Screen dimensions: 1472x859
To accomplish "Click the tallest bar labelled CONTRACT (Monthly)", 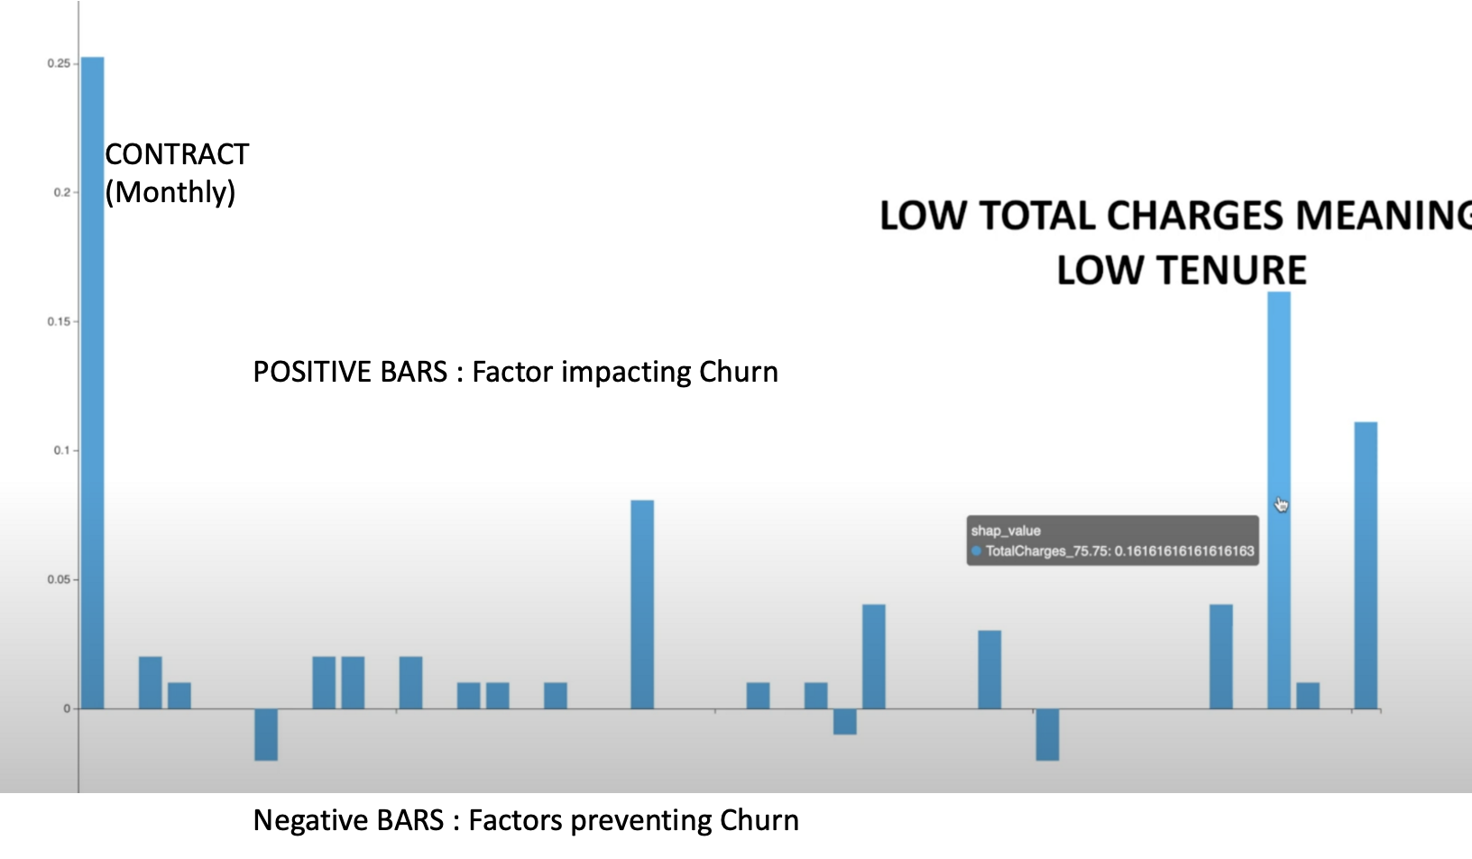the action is (93, 383).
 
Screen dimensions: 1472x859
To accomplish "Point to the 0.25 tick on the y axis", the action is (59, 64).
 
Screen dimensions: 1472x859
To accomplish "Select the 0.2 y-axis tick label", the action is (61, 192).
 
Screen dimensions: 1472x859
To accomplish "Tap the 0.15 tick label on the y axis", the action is (59, 321).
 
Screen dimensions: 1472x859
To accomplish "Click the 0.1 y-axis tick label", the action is (61, 450).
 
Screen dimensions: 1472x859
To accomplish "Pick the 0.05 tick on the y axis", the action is (59, 579).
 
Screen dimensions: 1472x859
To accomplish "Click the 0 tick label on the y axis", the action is (67, 708).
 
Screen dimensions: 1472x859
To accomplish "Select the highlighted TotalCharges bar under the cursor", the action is (1279, 500).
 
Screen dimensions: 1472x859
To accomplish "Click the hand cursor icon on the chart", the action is (1282, 504).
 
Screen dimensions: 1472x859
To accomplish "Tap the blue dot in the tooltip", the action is (977, 550).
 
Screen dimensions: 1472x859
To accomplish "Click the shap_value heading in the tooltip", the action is (1006, 531).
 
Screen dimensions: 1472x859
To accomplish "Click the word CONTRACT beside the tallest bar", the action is (177, 154).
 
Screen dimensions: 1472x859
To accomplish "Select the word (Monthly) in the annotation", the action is (170, 192).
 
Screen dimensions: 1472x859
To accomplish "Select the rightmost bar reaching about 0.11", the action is (1366, 565).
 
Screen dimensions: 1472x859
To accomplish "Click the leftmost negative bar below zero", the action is (266, 734).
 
